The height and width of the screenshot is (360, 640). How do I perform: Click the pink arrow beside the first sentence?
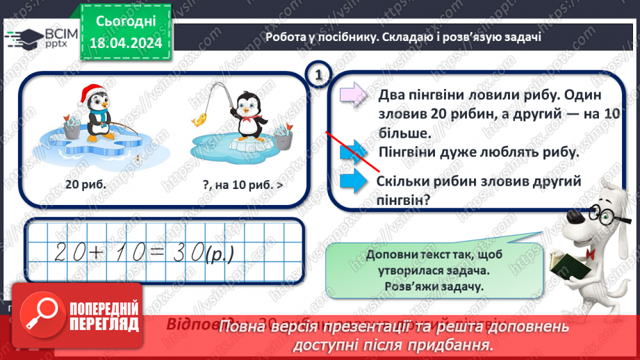[x=352, y=95]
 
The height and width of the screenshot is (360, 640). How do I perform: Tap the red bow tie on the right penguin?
[x=245, y=117]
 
